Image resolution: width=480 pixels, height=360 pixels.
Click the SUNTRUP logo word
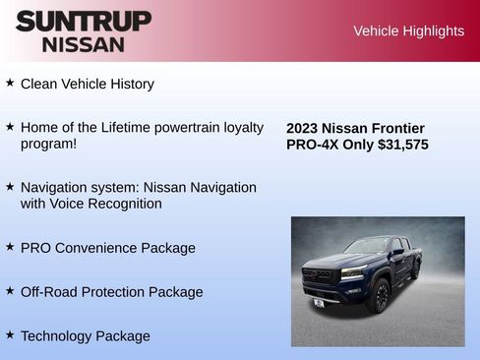(84, 21)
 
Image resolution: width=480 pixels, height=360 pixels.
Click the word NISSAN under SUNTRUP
(84, 43)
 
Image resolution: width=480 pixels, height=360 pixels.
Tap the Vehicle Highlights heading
(408, 30)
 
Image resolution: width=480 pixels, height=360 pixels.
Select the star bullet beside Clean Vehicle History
(10, 83)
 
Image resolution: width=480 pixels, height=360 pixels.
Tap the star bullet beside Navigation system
(10, 186)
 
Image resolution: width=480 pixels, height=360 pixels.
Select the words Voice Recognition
(107, 204)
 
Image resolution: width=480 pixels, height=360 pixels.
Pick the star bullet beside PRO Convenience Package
(10, 247)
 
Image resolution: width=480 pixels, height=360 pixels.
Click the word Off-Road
(53, 292)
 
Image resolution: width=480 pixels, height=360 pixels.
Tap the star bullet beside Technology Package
(10, 334)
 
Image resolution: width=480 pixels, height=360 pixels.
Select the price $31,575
(396, 145)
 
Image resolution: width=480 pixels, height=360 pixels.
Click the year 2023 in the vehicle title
(304, 128)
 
